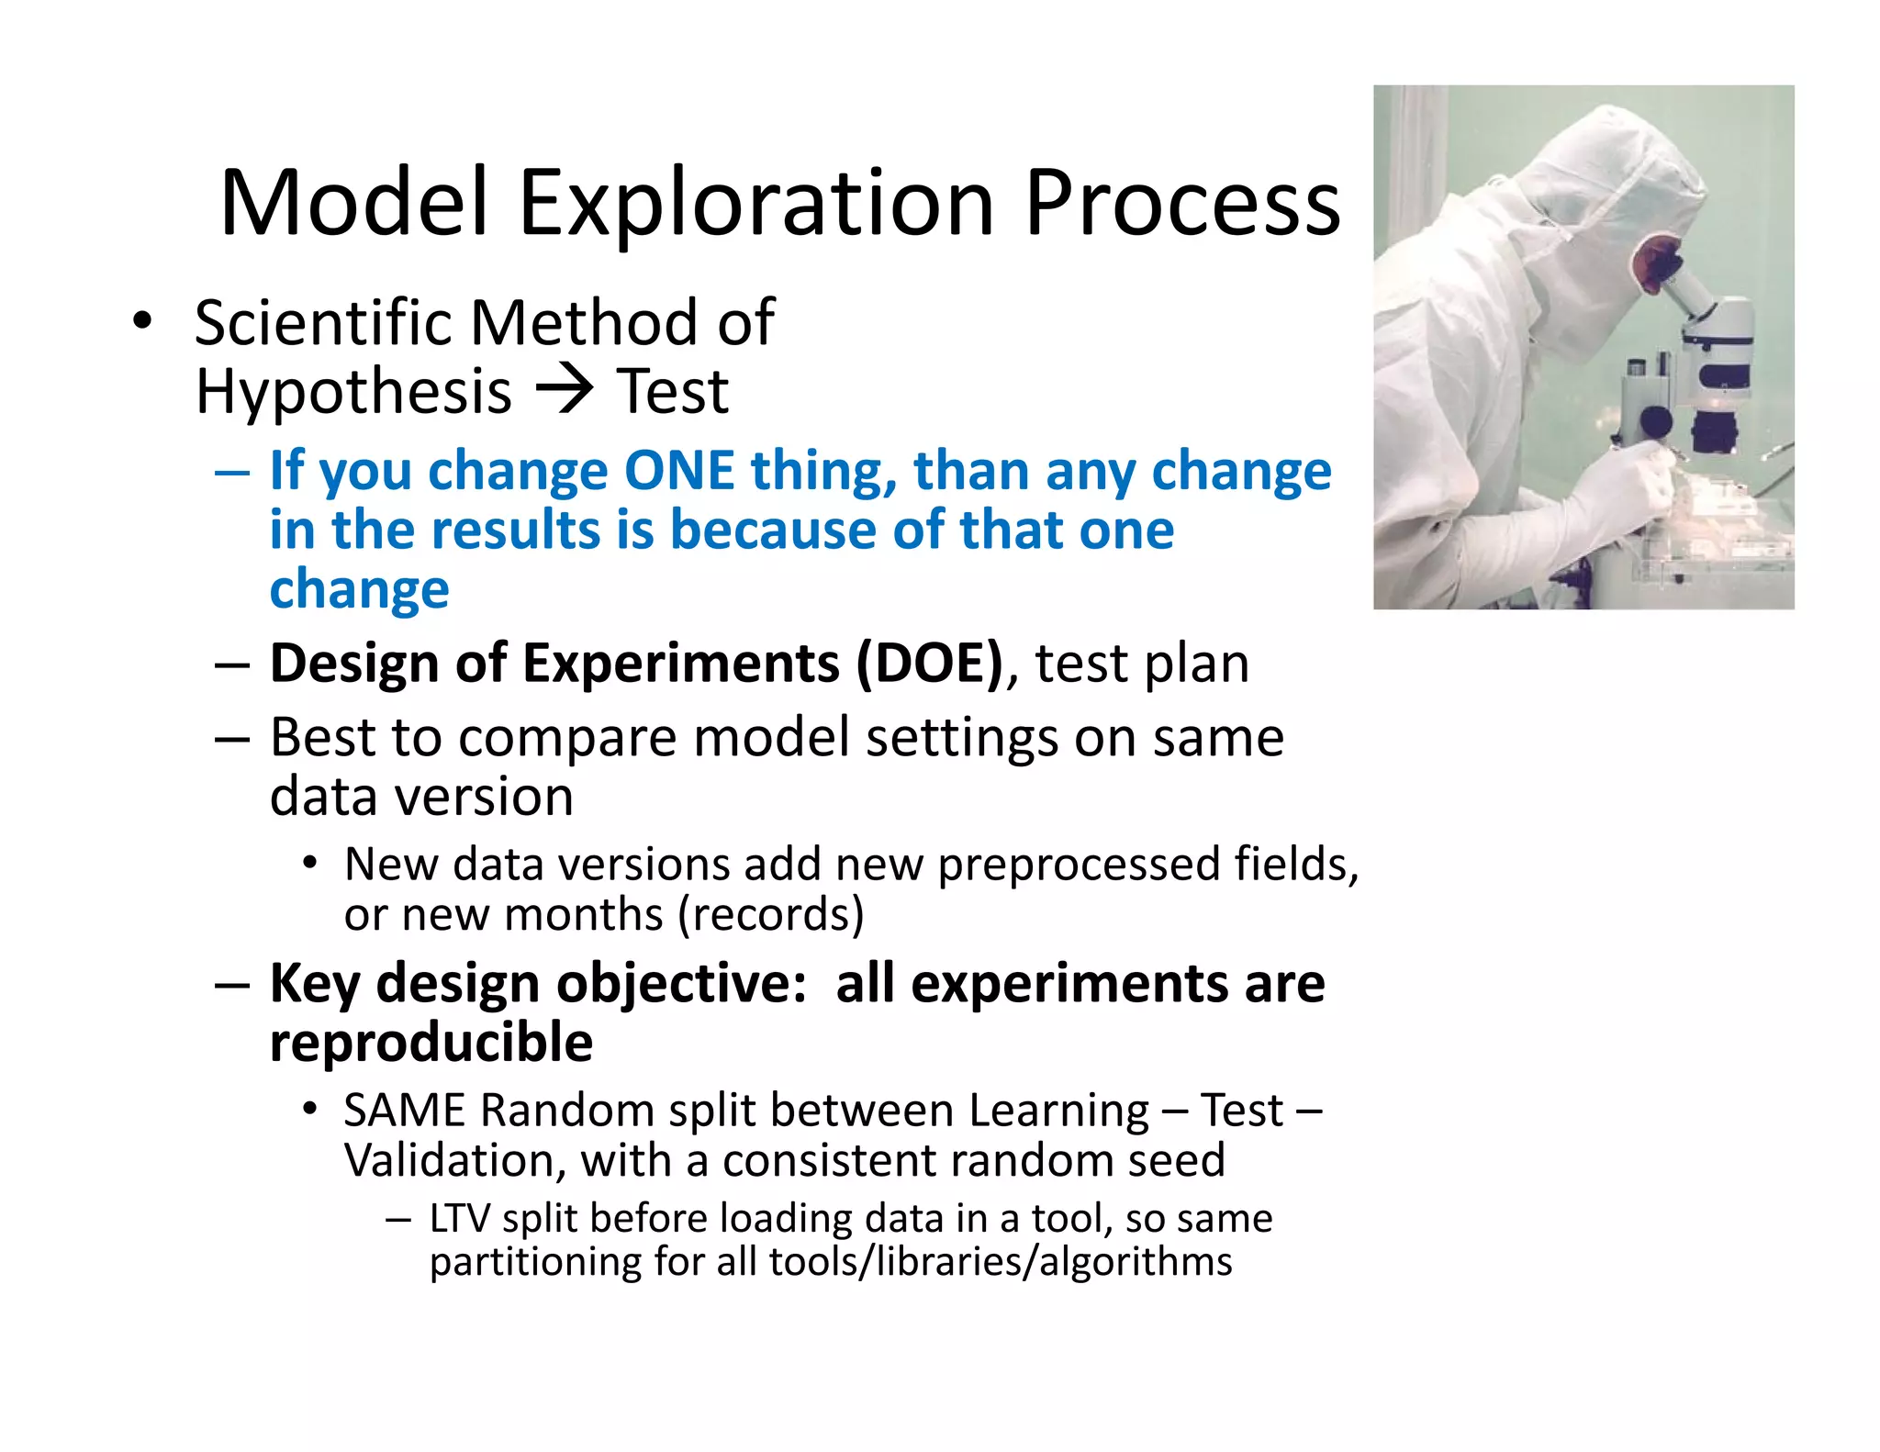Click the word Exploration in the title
tap(756, 204)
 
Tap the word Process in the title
tap(1181, 204)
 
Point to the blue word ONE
tap(678, 472)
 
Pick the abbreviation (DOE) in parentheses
tap(929, 664)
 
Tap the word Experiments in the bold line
tap(680, 664)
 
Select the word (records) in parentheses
tap(771, 915)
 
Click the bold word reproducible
tap(431, 1044)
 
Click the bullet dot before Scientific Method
tap(141, 322)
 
